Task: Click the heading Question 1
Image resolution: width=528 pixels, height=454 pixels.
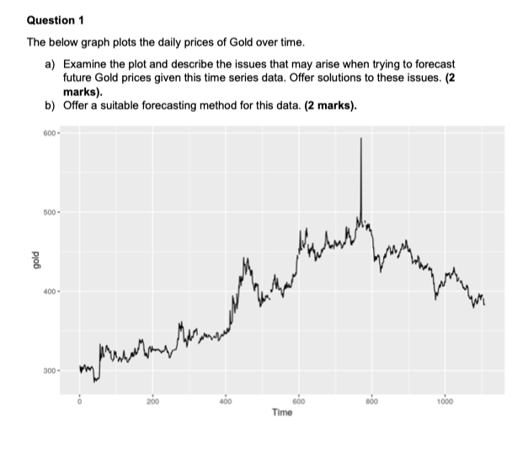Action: pyautogui.click(x=56, y=19)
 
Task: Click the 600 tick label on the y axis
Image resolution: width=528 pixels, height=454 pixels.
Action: pyautogui.click(x=48, y=132)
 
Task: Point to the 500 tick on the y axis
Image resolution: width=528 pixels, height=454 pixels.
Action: pyautogui.click(x=48, y=212)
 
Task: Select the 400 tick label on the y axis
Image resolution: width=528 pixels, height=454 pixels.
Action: pyautogui.click(x=48, y=291)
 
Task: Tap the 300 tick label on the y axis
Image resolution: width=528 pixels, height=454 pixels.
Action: pyautogui.click(x=48, y=371)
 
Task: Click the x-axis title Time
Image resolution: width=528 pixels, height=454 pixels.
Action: pyautogui.click(x=282, y=413)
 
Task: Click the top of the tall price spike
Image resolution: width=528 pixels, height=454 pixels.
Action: pyautogui.click(x=361, y=138)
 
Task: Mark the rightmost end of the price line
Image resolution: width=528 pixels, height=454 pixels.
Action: pyautogui.click(x=484, y=303)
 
